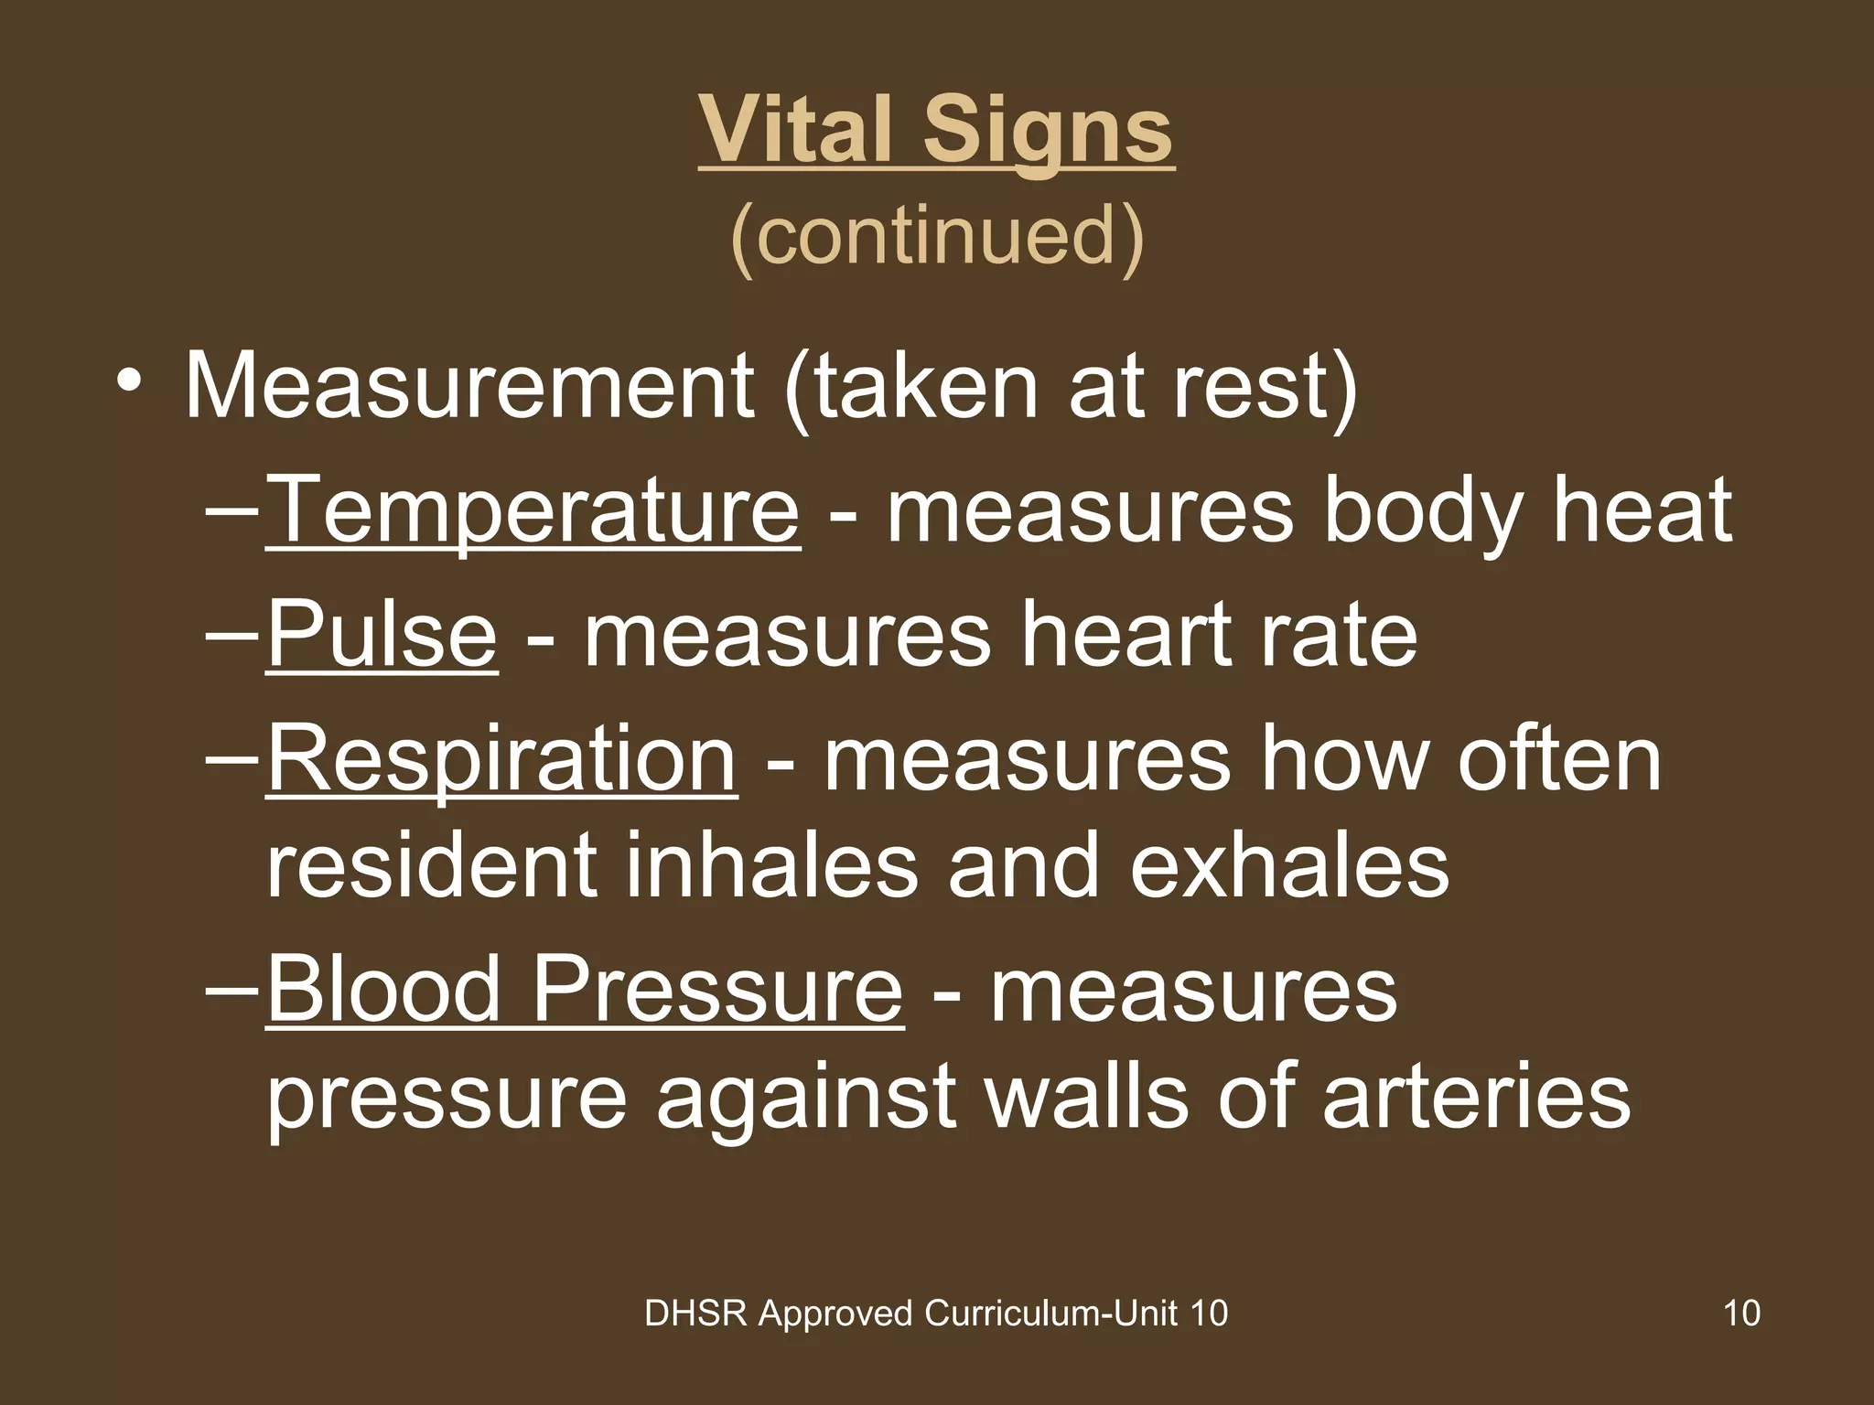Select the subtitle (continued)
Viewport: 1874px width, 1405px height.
[x=937, y=235]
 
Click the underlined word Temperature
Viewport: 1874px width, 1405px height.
[x=533, y=510]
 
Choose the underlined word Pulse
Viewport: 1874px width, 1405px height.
[x=382, y=634]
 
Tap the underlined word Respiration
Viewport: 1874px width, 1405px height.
[x=501, y=757]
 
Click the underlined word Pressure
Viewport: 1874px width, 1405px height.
[x=718, y=990]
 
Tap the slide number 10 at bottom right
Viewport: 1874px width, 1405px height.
[x=1741, y=1314]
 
